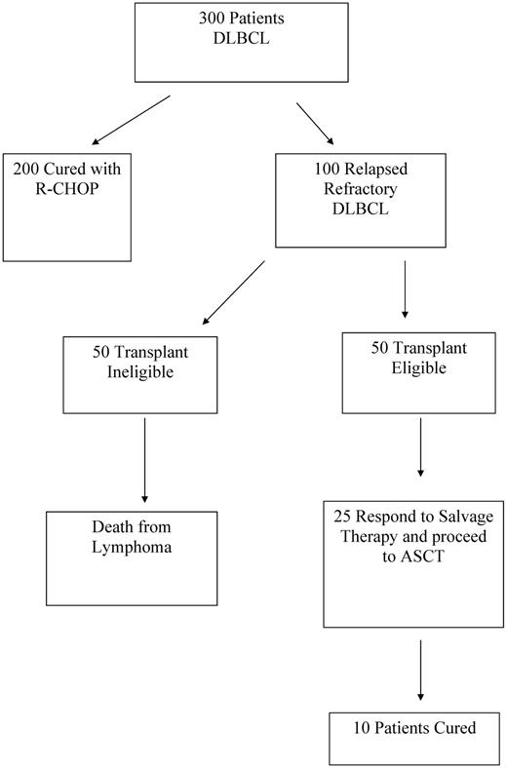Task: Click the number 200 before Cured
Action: click(27, 168)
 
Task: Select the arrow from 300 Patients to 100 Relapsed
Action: click(314, 124)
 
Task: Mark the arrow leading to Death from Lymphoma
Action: click(144, 459)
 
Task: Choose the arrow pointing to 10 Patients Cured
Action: click(420, 671)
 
